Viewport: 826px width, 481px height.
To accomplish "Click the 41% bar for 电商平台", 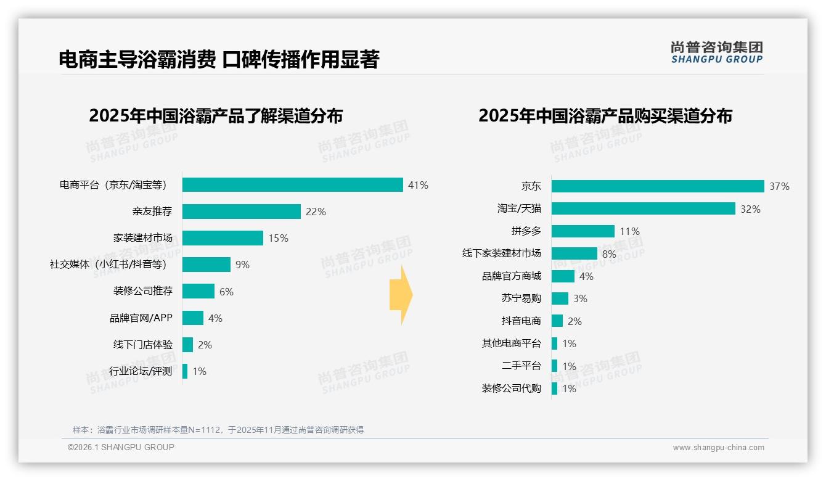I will [293, 185].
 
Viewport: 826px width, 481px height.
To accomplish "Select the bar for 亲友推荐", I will [242, 212].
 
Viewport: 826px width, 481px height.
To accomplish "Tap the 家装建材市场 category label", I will [143, 238].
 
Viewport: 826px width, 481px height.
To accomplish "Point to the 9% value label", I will [242, 265].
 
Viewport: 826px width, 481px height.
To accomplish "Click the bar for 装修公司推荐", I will [198, 291].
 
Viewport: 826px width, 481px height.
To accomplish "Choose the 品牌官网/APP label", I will [141, 318].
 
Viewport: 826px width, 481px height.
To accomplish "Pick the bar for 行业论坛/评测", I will [185, 371].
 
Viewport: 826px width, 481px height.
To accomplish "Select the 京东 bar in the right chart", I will [658, 186].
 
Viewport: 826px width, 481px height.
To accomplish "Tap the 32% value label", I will [751, 209].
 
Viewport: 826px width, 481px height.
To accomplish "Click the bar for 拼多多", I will [583, 231].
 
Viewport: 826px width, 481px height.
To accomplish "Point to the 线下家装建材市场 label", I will [502, 253].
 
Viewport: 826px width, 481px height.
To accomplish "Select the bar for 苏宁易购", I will [560, 298].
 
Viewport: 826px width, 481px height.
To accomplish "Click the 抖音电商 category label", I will [521, 321].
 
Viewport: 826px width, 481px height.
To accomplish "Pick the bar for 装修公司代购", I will [555, 388].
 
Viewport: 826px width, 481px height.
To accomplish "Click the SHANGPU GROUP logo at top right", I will [717, 52].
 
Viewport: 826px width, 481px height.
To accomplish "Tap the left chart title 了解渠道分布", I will [216, 116].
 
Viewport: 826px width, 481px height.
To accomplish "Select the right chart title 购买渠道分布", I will [605, 116].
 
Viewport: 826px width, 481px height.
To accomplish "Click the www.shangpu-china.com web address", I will [718, 448].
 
